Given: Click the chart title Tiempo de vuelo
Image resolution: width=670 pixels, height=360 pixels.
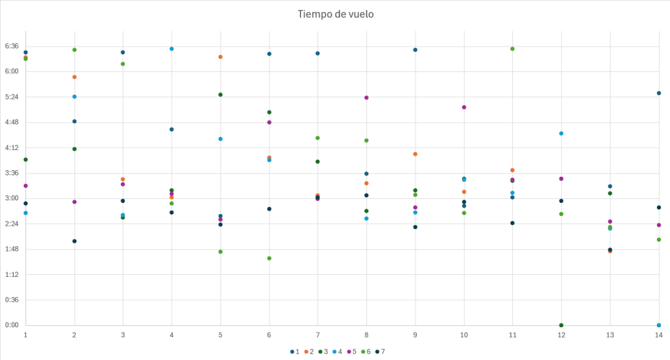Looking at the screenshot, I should click(336, 14).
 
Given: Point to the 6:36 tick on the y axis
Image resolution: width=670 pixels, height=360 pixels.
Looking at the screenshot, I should click(13, 46).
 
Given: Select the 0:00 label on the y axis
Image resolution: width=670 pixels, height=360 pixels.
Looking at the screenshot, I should click(13, 325).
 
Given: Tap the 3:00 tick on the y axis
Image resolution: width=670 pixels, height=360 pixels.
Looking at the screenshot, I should click(13, 198).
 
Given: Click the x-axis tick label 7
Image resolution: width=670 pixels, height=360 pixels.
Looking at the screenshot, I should click(317, 334).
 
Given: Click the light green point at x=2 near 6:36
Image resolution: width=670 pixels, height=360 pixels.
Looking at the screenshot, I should click(75, 50).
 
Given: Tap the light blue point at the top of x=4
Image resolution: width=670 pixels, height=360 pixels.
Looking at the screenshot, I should click(171, 49).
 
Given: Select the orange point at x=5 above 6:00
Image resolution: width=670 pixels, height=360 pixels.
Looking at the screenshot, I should click(220, 57).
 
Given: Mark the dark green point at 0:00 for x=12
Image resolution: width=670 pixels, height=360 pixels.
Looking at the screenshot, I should click(561, 325).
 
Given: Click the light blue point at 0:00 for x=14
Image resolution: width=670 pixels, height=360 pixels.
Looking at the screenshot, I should click(659, 325).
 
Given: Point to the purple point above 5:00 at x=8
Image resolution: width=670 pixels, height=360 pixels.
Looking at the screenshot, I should click(366, 98).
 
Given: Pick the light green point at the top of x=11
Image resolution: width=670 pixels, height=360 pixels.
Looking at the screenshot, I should click(512, 49).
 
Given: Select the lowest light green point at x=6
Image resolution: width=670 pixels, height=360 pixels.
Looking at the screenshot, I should click(269, 259).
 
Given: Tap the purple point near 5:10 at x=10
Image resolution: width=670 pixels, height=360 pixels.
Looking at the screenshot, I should click(464, 107).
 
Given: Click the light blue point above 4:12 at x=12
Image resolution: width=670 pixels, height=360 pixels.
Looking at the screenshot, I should click(561, 134).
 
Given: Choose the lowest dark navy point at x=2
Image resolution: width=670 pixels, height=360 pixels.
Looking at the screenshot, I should click(75, 242).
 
